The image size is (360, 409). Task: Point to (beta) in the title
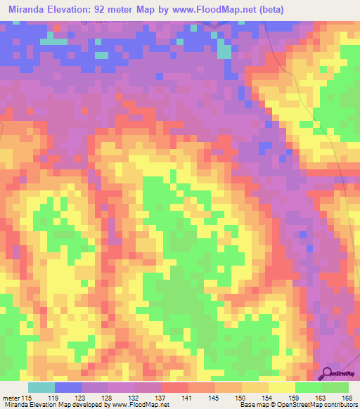pos(293,8)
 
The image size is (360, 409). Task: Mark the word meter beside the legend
pos(11,398)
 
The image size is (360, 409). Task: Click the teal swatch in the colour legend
pos(41,387)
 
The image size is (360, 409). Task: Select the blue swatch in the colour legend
pos(67,387)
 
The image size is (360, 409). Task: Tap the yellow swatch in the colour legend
pos(281,387)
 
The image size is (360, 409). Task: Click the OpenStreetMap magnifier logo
pos(328,373)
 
